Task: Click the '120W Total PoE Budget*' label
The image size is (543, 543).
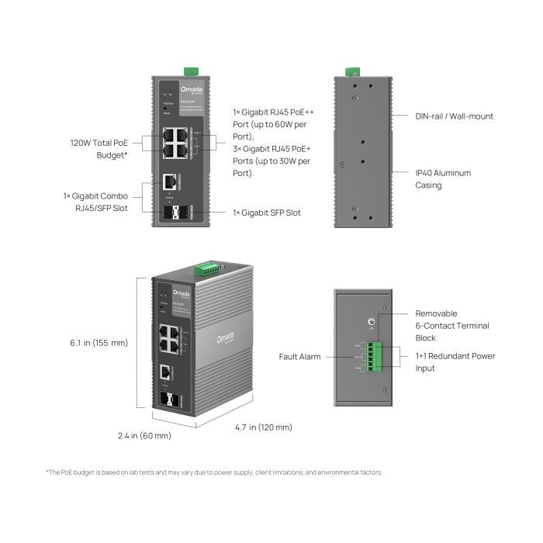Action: [99, 149]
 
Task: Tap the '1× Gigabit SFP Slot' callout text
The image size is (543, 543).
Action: [267, 213]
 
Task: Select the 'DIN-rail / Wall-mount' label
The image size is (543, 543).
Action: [454, 116]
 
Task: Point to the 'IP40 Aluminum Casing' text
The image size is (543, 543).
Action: [443, 179]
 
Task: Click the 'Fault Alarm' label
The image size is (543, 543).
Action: [300, 357]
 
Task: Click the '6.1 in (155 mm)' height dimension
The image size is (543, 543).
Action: [99, 342]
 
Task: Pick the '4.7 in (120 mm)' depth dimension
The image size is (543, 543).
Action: [264, 427]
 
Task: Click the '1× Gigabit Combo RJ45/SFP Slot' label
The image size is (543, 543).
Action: [95, 202]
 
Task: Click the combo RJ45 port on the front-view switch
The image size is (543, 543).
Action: [168, 182]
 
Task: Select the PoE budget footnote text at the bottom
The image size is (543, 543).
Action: [214, 472]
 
